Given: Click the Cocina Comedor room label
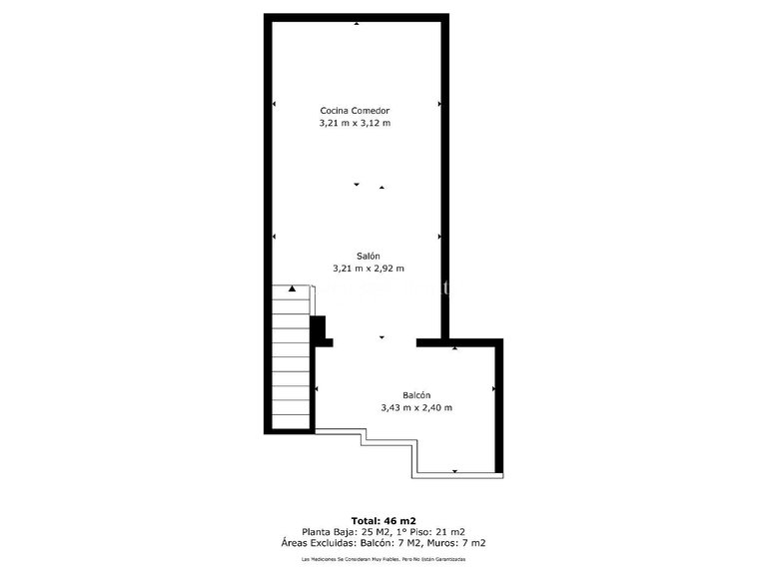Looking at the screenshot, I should tap(354, 111).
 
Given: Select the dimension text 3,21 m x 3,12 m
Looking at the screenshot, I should tap(354, 124).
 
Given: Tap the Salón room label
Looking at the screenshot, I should tap(369, 256).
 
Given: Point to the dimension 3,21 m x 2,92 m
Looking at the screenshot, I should tap(369, 269).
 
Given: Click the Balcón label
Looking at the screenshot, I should tap(417, 394).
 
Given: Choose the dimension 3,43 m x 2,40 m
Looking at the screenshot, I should tap(417, 407).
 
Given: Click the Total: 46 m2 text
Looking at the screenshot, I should tap(384, 520).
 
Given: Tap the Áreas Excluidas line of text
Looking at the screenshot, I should tap(384, 543).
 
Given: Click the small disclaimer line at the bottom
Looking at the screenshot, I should tap(384, 560).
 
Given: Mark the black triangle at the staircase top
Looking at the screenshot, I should tap(292, 288).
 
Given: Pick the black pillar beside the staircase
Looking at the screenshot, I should tap(320, 330).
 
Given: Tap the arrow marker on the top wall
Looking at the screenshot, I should tap(358, 23).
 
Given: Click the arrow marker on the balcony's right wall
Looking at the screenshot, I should tap(494, 388).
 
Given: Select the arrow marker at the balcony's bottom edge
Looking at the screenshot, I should tap(455, 471).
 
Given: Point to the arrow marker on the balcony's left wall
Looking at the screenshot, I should tap(317, 388).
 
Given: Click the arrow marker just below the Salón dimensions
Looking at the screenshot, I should tap(382, 338).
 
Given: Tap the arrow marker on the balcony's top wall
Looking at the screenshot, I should tap(454, 348).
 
